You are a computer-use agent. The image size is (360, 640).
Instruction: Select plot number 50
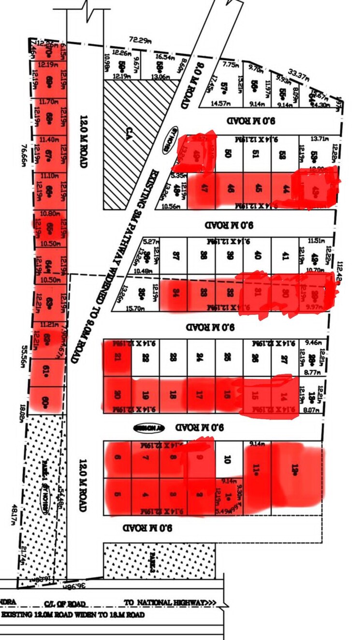pos(229,154)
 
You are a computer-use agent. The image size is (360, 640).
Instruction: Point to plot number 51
pos(257,154)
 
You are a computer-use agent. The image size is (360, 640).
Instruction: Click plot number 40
pos(257,256)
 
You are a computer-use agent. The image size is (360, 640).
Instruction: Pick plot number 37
pos(172,256)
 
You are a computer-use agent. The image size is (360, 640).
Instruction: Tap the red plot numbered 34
pos(172,292)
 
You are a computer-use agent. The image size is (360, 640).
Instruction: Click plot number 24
pos(201,358)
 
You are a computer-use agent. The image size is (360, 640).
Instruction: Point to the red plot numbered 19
pos(145,394)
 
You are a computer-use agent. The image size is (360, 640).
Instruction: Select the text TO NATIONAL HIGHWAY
pos(169,603)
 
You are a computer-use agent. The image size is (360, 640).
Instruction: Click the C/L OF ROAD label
pos(65,603)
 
